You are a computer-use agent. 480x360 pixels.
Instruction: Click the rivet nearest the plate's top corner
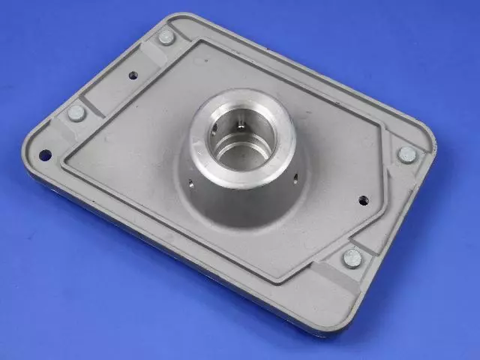pos(166,37)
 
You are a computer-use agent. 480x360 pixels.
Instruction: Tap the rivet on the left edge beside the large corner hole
pos(76,113)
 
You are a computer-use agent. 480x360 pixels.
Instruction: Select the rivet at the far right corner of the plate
pos(406,154)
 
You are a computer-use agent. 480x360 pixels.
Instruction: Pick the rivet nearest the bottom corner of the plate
pos(352,258)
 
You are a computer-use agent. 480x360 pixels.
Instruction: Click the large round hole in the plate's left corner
pos(45,154)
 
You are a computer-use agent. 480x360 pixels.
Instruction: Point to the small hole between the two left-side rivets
pos(133,75)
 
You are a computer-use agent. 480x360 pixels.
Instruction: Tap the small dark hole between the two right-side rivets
pos(363,200)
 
